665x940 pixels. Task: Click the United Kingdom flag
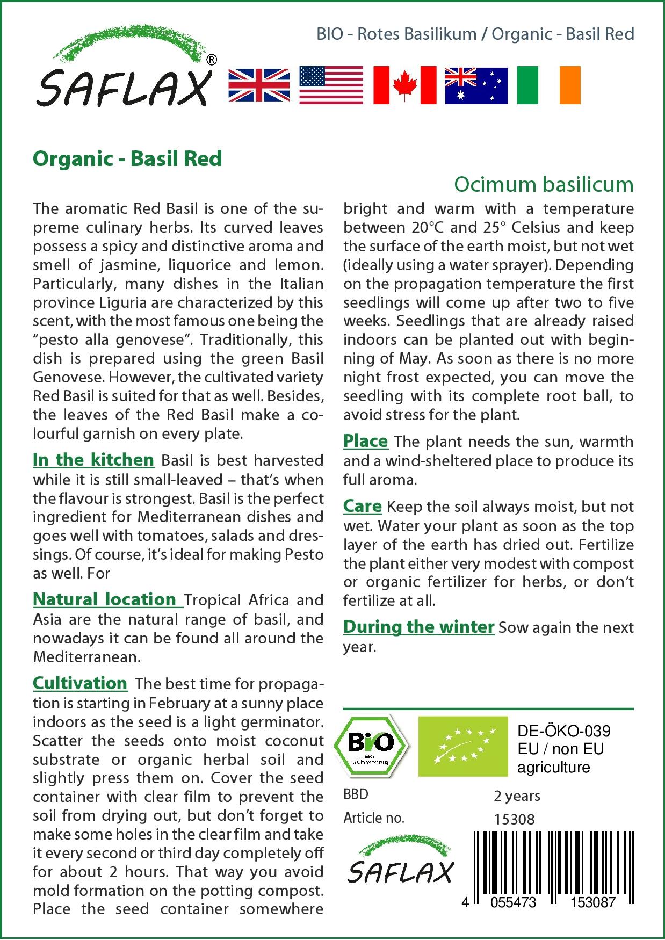pos(259,85)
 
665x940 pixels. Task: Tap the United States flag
pos(331,85)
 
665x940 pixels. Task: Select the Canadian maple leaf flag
pos(404,85)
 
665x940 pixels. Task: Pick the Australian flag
pos(476,85)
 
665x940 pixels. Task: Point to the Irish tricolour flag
pos(548,85)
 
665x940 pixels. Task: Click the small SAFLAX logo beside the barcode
pos(400,860)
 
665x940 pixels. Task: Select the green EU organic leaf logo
pos(462,746)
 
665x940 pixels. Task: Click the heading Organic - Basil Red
pos(127,158)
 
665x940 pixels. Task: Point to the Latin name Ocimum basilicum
pos(544,184)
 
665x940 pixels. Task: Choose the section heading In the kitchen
pos(93,460)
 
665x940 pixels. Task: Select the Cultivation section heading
pos(80,683)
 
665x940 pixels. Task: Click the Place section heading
pos(365,441)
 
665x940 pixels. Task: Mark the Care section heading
pos(363,506)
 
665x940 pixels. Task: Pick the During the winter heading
pos(418,627)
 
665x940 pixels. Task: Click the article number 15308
pos(514,819)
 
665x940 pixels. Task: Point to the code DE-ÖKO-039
pos(563,731)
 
